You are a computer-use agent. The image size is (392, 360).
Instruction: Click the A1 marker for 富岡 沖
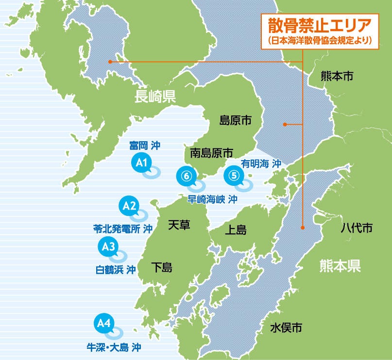pos(141,163)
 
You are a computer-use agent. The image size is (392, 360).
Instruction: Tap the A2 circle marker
pos(129,206)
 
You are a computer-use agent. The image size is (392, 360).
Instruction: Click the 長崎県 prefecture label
pos(155,97)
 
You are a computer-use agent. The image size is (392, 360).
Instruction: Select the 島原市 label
pos(235,120)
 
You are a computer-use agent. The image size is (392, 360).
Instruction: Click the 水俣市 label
pos(286,328)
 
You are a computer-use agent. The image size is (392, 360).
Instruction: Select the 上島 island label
pos(236,229)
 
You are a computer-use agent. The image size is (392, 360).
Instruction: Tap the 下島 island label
pos(161,267)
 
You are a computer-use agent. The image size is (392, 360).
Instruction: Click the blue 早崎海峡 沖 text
pos(212,199)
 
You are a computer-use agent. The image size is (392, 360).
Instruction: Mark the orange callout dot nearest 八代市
pos(302,227)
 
